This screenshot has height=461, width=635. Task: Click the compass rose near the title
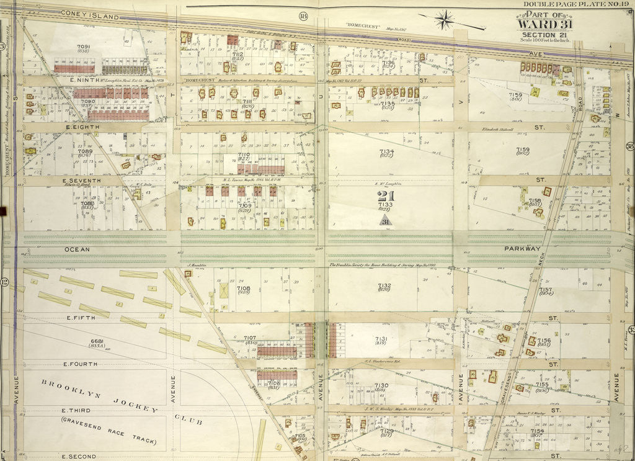pos(444,20)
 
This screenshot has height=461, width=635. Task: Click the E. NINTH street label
pos(68,79)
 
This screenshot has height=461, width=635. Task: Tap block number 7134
pos(386,151)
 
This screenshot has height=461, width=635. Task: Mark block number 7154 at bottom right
pos(537,431)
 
